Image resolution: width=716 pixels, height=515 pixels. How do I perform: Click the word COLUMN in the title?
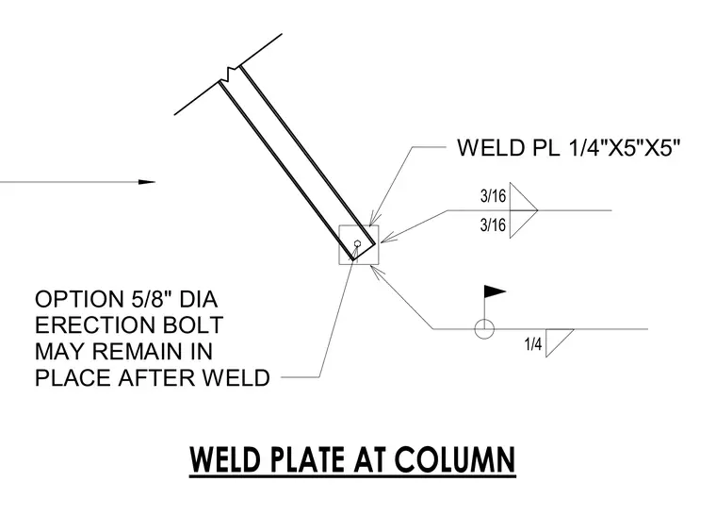pos(455,459)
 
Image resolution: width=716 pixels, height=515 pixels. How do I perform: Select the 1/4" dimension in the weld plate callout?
pos(586,148)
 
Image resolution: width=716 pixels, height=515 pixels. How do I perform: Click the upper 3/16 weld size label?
pos(493,196)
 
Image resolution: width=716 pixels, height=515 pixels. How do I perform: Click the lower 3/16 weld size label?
pos(493,225)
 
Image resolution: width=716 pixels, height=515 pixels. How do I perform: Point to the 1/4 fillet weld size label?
pos(533,344)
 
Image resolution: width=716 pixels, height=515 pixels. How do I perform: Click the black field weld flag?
pos(495,291)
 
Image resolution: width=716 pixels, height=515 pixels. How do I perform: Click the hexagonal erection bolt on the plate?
pos(358,243)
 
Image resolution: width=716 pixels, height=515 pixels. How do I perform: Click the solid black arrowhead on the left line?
pos(147,182)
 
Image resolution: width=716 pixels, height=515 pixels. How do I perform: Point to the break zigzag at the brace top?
pos(232,73)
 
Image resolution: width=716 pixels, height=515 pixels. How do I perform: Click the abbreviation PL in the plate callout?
pos(546,148)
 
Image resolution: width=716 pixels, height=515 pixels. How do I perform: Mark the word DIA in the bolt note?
pos(198,300)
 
